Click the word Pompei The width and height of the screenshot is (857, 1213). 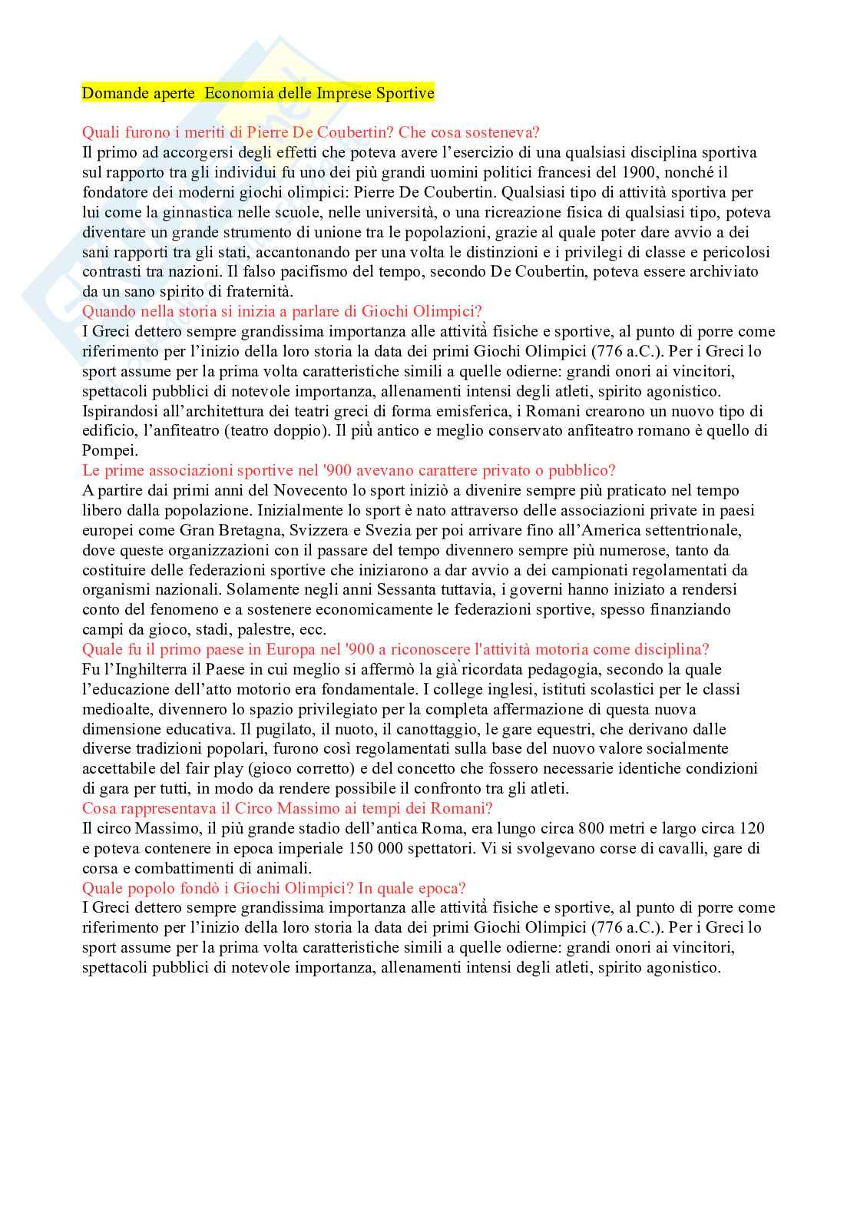point(108,451)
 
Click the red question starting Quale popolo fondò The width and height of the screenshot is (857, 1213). point(273,888)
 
